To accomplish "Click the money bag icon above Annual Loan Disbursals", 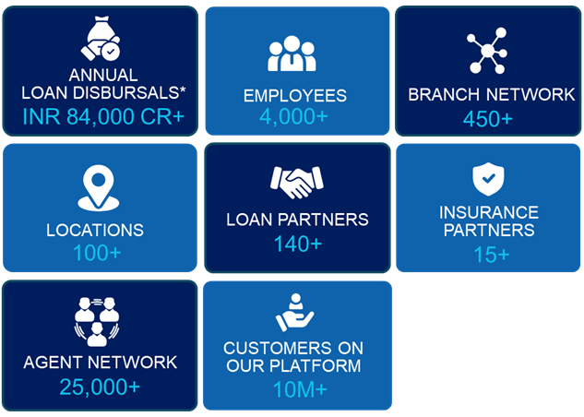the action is click(x=101, y=38).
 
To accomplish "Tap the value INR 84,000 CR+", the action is click(x=103, y=116).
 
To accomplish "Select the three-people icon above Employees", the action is click(x=292, y=54).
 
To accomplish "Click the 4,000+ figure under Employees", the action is click(x=293, y=116).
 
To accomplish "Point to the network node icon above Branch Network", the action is click(x=487, y=50).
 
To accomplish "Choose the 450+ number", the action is click(x=488, y=119).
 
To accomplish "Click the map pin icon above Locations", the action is click(x=99, y=188).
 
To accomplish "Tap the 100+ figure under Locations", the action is click(x=97, y=253).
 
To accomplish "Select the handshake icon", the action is click(x=297, y=182).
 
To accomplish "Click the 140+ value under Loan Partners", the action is click(x=298, y=244).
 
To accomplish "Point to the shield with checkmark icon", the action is click(x=488, y=179).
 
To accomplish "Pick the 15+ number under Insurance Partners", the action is click(x=491, y=255).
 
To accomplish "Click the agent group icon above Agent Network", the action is click(x=97, y=322).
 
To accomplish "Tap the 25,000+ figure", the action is click(x=100, y=387).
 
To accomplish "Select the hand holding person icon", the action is click(x=295, y=312).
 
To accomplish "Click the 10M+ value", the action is click(x=300, y=389).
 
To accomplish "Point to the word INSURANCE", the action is click(x=489, y=212).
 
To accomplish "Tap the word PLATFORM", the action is click(x=316, y=365).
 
